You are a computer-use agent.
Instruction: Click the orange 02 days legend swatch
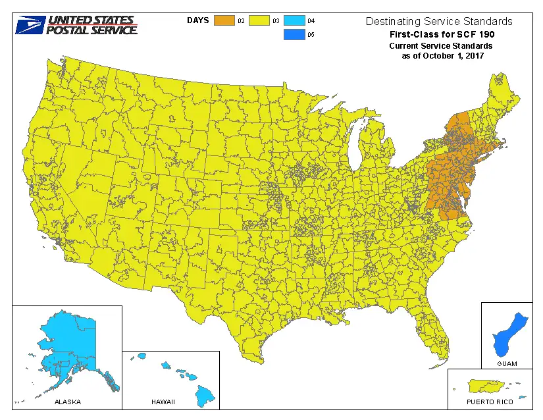(224, 21)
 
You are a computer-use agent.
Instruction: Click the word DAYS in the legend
(197, 20)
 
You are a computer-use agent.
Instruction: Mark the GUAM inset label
(507, 363)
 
